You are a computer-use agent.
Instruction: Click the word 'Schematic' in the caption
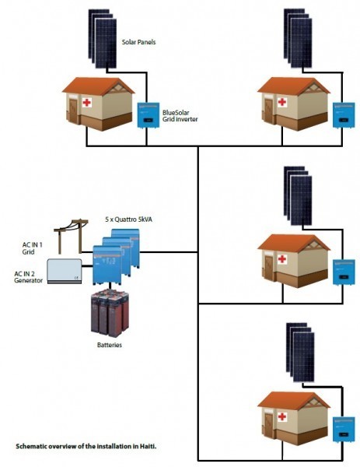(34, 448)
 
